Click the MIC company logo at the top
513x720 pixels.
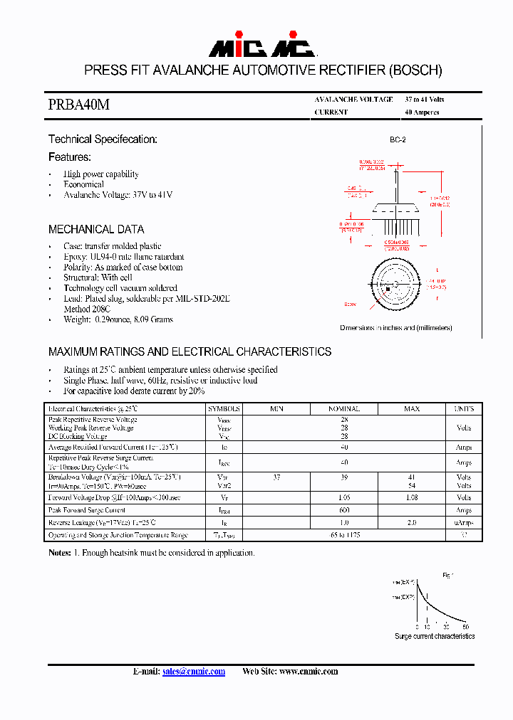pos(262,46)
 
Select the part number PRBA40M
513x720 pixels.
pos(79,105)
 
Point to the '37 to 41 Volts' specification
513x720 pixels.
pos(424,100)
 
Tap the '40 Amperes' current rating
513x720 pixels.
pos(422,112)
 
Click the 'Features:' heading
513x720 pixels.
pos(70,157)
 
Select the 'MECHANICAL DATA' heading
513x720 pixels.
pos(96,229)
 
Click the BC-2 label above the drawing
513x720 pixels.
pos(398,141)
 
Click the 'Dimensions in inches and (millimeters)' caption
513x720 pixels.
pos(395,328)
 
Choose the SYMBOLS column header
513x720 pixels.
pos(224,409)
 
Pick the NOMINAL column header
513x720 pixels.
pos(343,409)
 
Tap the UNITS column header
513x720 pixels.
pos(463,409)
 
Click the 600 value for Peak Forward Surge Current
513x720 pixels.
pos(343,511)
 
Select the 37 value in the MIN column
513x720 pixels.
pos(276,477)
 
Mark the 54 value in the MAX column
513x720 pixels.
pos(412,485)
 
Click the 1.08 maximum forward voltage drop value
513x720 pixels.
pos(412,498)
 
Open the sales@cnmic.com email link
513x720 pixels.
pos(194,672)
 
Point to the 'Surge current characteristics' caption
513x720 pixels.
pos(435,636)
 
